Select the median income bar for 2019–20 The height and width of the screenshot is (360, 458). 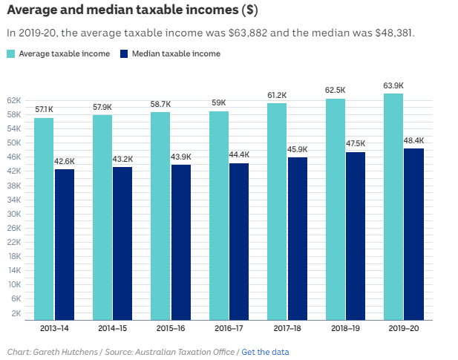pyautogui.click(x=413, y=234)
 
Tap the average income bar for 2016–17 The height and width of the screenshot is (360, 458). pyautogui.click(x=219, y=215)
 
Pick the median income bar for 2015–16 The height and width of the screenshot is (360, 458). pyautogui.click(x=180, y=242)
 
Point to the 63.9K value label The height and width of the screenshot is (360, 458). pyautogui.click(x=393, y=86)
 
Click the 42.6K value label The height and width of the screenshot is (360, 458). pyautogui.click(x=65, y=162)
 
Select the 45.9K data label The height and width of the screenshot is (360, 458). pyautogui.click(x=297, y=150)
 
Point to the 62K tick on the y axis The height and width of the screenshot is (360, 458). pyautogui.click(x=13, y=100)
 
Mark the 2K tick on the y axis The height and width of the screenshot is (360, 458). pyautogui.click(x=16, y=313)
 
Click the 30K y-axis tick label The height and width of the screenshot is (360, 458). pyautogui.click(x=13, y=214)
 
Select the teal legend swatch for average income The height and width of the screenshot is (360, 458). pyautogui.click(x=11, y=53)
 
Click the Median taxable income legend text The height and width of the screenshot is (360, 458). pyautogui.click(x=176, y=53)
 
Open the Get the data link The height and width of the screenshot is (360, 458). pyautogui.click(x=265, y=352)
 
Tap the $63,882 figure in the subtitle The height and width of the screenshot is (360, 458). pyautogui.click(x=255, y=33)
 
